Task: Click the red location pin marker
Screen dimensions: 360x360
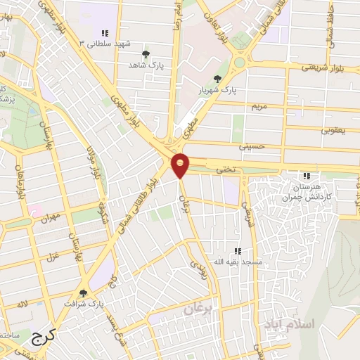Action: (181, 165)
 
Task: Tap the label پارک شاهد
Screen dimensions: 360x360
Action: (146, 65)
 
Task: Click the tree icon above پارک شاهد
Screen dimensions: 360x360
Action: (146, 54)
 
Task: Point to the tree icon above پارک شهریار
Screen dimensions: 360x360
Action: (217, 79)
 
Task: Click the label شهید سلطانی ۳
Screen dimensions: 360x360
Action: (105, 44)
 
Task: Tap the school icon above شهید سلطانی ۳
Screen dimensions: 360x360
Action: (105, 33)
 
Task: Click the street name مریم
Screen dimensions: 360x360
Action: (260, 105)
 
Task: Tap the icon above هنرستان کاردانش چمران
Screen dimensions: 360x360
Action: (307, 176)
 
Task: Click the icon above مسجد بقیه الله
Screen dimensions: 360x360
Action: (238, 251)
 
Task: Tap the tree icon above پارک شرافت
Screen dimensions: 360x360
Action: (83, 293)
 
